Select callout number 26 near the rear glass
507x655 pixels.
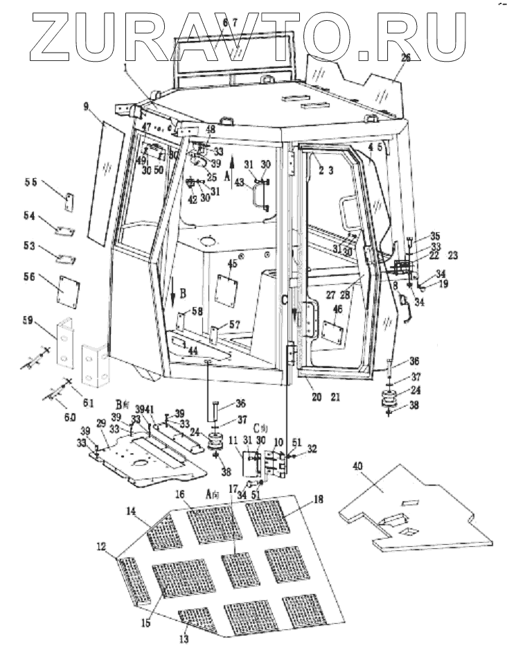405,58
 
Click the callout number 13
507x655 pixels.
184,638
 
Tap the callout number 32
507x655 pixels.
313,448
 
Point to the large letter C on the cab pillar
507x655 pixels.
284,300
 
